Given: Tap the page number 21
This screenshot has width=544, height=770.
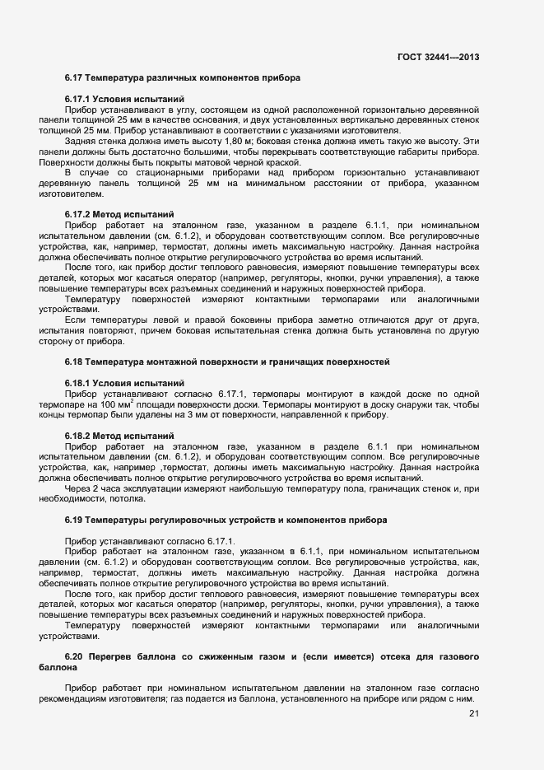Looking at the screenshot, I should (473, 713).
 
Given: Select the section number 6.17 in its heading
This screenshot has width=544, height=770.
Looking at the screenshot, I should (76, 77).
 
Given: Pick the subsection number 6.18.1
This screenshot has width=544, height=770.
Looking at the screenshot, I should (79, 383).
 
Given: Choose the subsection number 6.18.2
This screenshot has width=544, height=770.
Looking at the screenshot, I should (79, 435).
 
